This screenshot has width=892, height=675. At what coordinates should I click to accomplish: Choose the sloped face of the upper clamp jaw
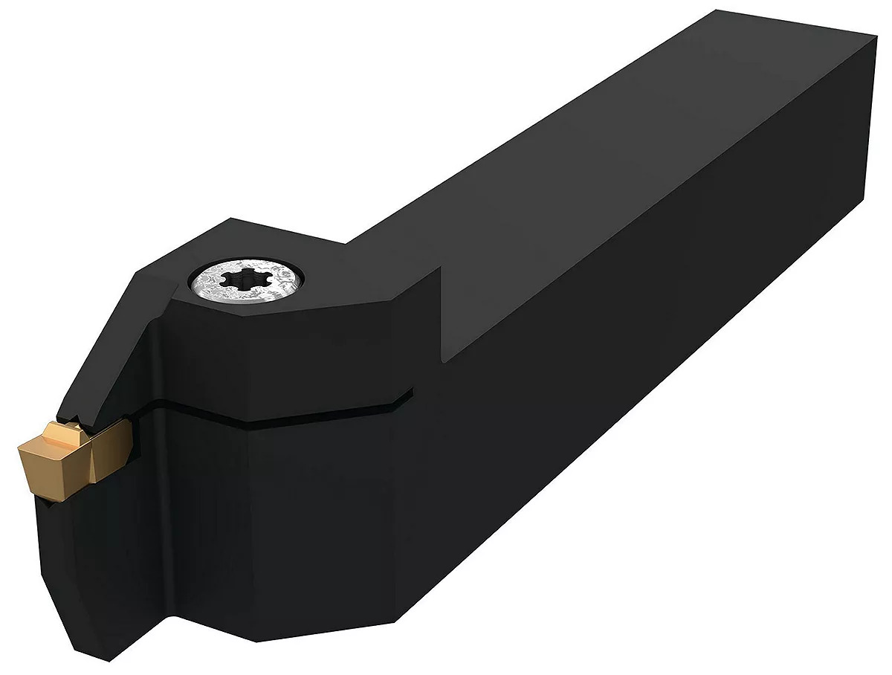tap(111, 349)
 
